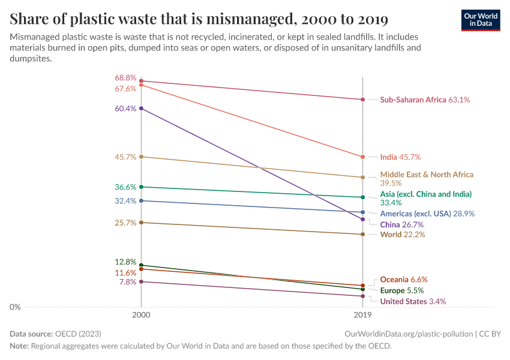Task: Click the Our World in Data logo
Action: [x=480, y=19]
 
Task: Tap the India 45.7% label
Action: [x=400, y=157]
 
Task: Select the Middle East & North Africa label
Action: [x=427, y=175]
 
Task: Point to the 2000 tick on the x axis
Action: [x=141, y=314]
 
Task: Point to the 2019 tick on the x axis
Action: [x=362, y=314]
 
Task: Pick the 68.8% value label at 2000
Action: [x=125, y=78]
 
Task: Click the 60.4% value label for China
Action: [x=125, y=109]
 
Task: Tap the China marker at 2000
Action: [x=141, y=108]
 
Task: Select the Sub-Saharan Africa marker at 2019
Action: [x=362, y=100]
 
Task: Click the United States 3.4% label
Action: [x=413, y=301]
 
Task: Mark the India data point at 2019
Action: [x=362, y=157]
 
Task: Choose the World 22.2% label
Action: [x=403, y=235]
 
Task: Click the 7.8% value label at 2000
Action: [x=128, y=281]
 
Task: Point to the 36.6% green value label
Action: [x=125, y=187]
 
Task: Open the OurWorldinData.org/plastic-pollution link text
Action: [x=408, y=334]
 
